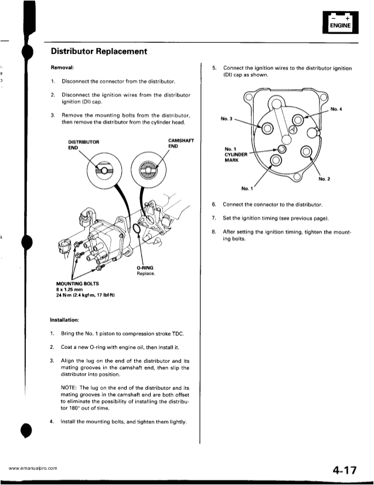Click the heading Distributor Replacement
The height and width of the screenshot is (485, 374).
pos(98,52)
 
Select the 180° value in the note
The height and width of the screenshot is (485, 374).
pos(73,410)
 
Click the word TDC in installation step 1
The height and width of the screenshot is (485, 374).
pos(178,334)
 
